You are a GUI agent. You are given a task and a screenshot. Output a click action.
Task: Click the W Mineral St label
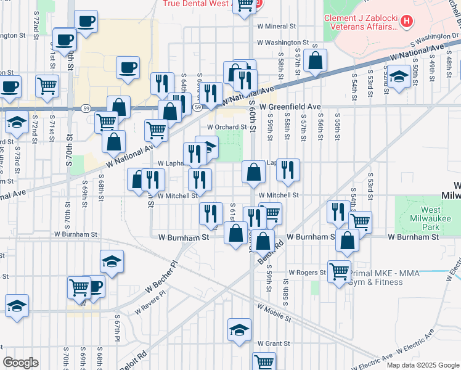(277, 27)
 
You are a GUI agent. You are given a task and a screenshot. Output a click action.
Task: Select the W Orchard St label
(226, 127)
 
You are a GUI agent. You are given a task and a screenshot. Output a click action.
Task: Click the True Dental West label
(197, 4)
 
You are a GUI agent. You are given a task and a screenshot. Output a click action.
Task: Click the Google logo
(20, 363)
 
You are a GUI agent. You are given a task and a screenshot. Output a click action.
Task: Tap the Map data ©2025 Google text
(422, 365)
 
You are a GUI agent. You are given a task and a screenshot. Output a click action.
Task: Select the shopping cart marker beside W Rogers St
(340, 271)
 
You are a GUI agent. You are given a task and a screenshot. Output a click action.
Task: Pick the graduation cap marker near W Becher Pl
(112, 262)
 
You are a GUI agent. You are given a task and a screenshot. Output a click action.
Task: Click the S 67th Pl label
(116, 331)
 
